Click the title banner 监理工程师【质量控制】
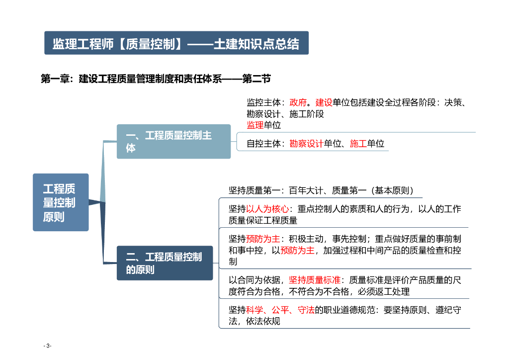point(176,43)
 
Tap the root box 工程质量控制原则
point(61,202)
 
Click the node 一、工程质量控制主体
point(173,141)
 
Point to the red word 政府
point(298,102)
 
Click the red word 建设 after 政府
point(324,102)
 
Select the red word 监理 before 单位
point(255,125)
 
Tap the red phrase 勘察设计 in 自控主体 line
point(306,144)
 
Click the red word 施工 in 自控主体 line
point(358,144)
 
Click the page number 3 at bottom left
point(48,346)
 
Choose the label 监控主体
point(264,102)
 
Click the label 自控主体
point(264,144)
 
